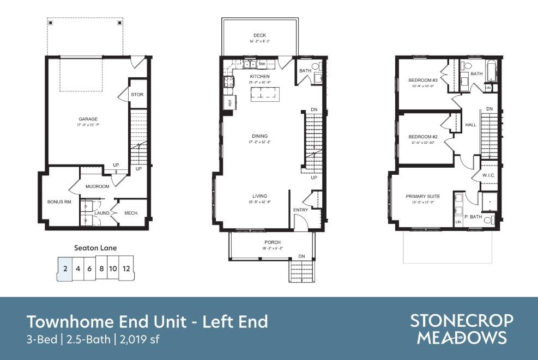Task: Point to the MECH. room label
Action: (131, 213)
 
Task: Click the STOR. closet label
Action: (137, 95)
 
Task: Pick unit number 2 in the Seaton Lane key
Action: (65, 269)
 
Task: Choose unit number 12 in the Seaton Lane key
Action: (126, 269)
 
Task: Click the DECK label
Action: (259, 35)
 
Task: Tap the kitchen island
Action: (264, 95)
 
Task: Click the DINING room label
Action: (259, 136)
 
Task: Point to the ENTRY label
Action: (300, 210)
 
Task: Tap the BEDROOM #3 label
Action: (423, 81)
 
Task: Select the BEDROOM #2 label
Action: (423, 137)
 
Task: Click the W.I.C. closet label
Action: (488, 175)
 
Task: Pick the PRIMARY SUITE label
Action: (422, 196)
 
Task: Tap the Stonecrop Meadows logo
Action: (462, 328)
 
